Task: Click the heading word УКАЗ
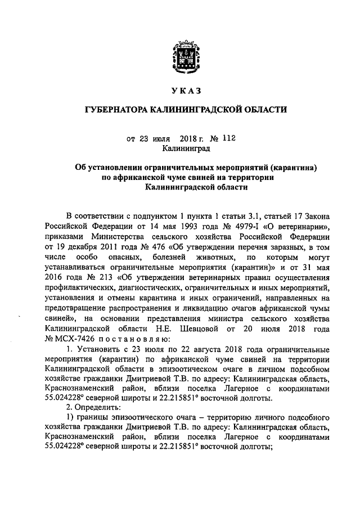pos(185,91)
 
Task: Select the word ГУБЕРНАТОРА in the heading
pos(116,110)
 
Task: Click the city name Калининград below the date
pos(185,148)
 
